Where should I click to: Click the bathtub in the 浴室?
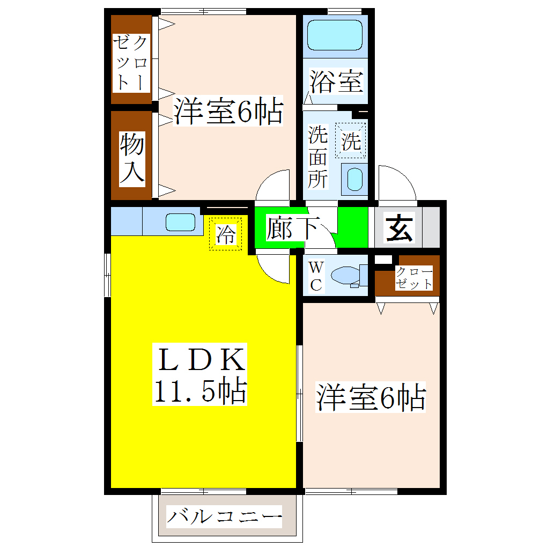coord(335,35)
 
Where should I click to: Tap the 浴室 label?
coord(337,82)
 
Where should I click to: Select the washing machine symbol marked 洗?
coord(351,141)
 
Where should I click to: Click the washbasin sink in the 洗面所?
coord(354,179)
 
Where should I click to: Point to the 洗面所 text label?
coord(317,157)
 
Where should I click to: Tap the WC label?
coord(316,276)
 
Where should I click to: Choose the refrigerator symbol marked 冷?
coord(226,234)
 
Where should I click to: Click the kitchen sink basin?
coord(180,221)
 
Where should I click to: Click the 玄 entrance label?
coord(400,227)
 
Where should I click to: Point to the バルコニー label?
coord(224,518)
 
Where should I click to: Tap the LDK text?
coord(201,360)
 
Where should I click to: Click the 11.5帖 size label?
coord(201,391)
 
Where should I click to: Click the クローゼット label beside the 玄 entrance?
coord(413,278)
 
